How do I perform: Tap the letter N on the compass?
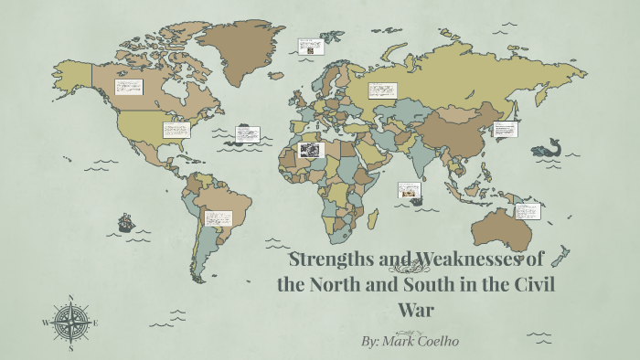(x=70, y=298)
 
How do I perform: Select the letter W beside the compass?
(x=46, y=323)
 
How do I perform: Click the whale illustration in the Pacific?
(x=549, y=146)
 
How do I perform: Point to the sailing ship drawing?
(x=125, y=222)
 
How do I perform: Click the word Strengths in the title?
(x=325, y=259)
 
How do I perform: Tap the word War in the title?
(x=416, y=309)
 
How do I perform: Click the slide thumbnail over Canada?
(x=128, y=88)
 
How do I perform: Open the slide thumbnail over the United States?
(x=176, y=130)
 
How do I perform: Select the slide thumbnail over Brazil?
(x=218, y=218)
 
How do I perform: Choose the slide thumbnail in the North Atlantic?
(x=248, y=134)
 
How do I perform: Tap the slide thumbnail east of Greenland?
(x=311, y=46)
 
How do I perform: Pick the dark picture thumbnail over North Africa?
(x=311, y=150)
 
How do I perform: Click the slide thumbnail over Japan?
(x=506, y=129)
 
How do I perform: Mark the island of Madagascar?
(x=373, y=218)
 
